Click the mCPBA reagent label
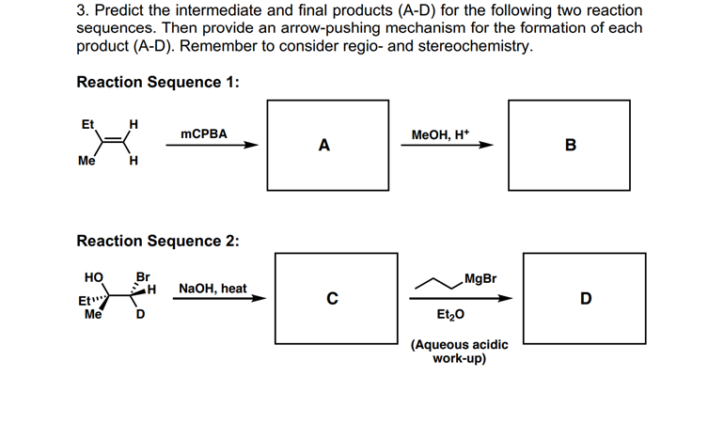204,134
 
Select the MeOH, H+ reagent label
443,134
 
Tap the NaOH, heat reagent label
212,288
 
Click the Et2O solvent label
449,315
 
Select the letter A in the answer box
324,145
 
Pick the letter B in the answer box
569,145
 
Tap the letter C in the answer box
331,299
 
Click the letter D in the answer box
586,299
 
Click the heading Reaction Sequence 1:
157,82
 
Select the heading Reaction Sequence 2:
157,241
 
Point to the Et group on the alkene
88,124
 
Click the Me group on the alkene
87,161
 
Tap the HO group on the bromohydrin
94,277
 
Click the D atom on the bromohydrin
141,316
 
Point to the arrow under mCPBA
219,146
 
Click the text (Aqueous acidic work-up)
459,352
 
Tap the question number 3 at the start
82,10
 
